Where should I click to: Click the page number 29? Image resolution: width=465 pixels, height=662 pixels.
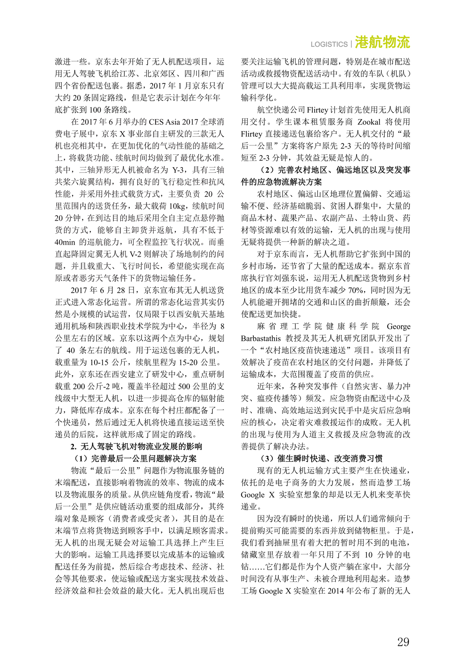[x=403, y=642]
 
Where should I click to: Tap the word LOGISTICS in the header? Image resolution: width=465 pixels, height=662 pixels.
[x=329, y=44]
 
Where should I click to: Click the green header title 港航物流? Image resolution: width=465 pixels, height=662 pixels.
[x=382, y=42]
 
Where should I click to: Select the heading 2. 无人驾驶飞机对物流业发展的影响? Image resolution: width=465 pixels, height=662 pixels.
[x=136, y=446]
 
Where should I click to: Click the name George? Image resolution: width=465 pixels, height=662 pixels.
[x=398, y=326]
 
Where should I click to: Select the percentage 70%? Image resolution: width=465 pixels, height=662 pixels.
[x=355, y=290]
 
